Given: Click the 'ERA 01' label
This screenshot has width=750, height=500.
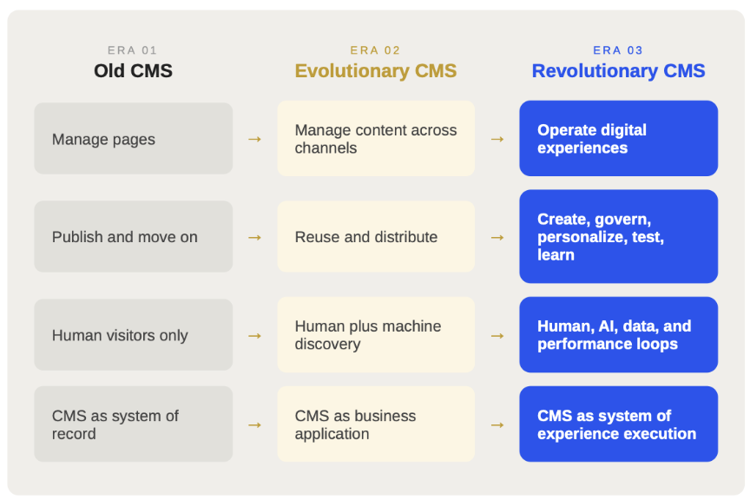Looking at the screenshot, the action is point(132,50).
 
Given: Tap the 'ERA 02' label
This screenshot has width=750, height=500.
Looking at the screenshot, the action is point(375,50).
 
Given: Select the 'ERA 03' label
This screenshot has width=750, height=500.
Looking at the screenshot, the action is point(618,50).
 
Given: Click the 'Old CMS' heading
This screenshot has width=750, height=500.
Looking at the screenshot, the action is point(133,71).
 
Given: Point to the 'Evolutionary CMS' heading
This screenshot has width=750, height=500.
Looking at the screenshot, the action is point(376,71).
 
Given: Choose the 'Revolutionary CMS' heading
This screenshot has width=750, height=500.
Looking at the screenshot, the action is point(618,71).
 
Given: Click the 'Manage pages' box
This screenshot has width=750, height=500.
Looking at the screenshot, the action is point(134,139).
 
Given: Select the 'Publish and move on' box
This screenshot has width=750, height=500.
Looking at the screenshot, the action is point(134,237).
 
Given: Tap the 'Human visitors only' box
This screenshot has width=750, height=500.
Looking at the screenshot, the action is point(134,335).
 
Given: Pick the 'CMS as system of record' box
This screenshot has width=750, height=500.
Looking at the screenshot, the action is point(134,424).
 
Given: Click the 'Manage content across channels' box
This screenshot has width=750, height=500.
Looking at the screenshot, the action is point(376,139).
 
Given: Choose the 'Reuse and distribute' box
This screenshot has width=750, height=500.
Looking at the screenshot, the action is point(376,237).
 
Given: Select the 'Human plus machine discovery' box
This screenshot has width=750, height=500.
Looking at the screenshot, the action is point(376,335).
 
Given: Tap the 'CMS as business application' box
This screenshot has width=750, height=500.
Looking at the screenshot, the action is point(376,424).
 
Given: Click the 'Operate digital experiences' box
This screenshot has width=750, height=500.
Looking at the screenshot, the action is point(618,139).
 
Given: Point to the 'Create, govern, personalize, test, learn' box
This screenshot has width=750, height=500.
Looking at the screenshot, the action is point(618,237).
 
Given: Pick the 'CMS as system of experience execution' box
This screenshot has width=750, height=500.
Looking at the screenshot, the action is point(618,424).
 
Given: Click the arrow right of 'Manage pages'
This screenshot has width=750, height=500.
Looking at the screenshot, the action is point(255,139).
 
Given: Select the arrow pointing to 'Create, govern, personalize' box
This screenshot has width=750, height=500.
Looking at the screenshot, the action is point(497,237).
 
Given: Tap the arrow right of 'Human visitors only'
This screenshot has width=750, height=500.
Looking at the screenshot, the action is point(255,336).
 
